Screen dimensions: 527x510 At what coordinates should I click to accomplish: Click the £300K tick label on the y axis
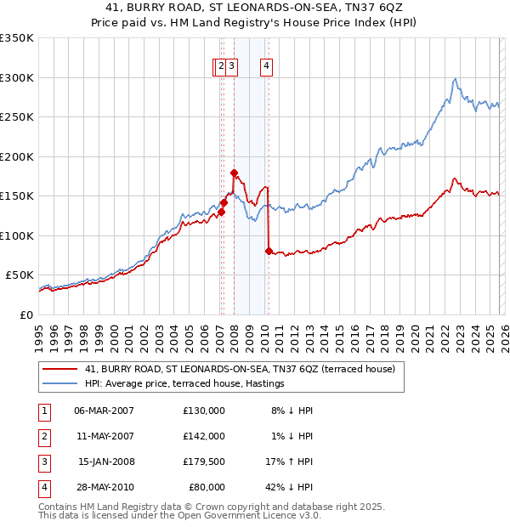(x=17, y=77)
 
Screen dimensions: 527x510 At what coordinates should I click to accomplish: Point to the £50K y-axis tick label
(x=20, y=275)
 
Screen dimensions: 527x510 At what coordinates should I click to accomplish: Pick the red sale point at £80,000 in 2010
(x=269, y=251)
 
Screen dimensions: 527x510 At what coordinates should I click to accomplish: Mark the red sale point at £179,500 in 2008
(x=234, y=173)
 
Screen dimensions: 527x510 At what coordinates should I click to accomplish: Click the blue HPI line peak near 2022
(x=456, y=79)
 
